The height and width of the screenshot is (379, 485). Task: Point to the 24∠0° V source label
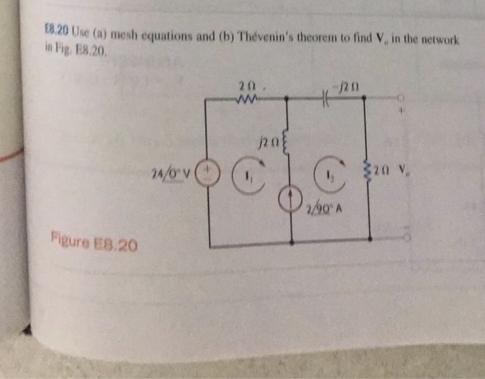[x=175, y=170]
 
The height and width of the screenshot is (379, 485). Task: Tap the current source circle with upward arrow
[x=291, y=199]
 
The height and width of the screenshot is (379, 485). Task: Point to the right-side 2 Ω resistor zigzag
[x=367, y=169]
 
